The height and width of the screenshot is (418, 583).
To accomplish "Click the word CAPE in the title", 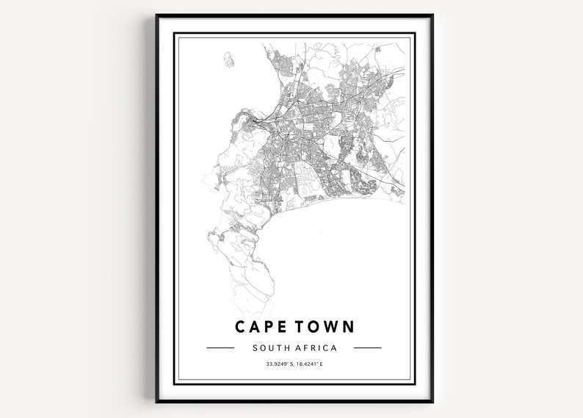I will click(262, 326).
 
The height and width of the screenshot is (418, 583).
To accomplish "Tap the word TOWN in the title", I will click(325, 326).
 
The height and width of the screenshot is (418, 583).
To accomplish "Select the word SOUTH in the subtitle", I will click(269, 347).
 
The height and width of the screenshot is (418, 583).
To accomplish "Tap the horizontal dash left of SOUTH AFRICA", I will click(220, 347).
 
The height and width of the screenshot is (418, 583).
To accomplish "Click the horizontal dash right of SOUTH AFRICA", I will click(367, 347).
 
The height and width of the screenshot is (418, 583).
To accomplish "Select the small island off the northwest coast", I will click(228, 58).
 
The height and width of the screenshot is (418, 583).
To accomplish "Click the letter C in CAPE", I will click(241, 326).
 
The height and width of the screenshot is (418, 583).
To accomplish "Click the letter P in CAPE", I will click(269, 326).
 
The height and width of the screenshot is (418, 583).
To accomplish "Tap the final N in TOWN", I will click(349, 326).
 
